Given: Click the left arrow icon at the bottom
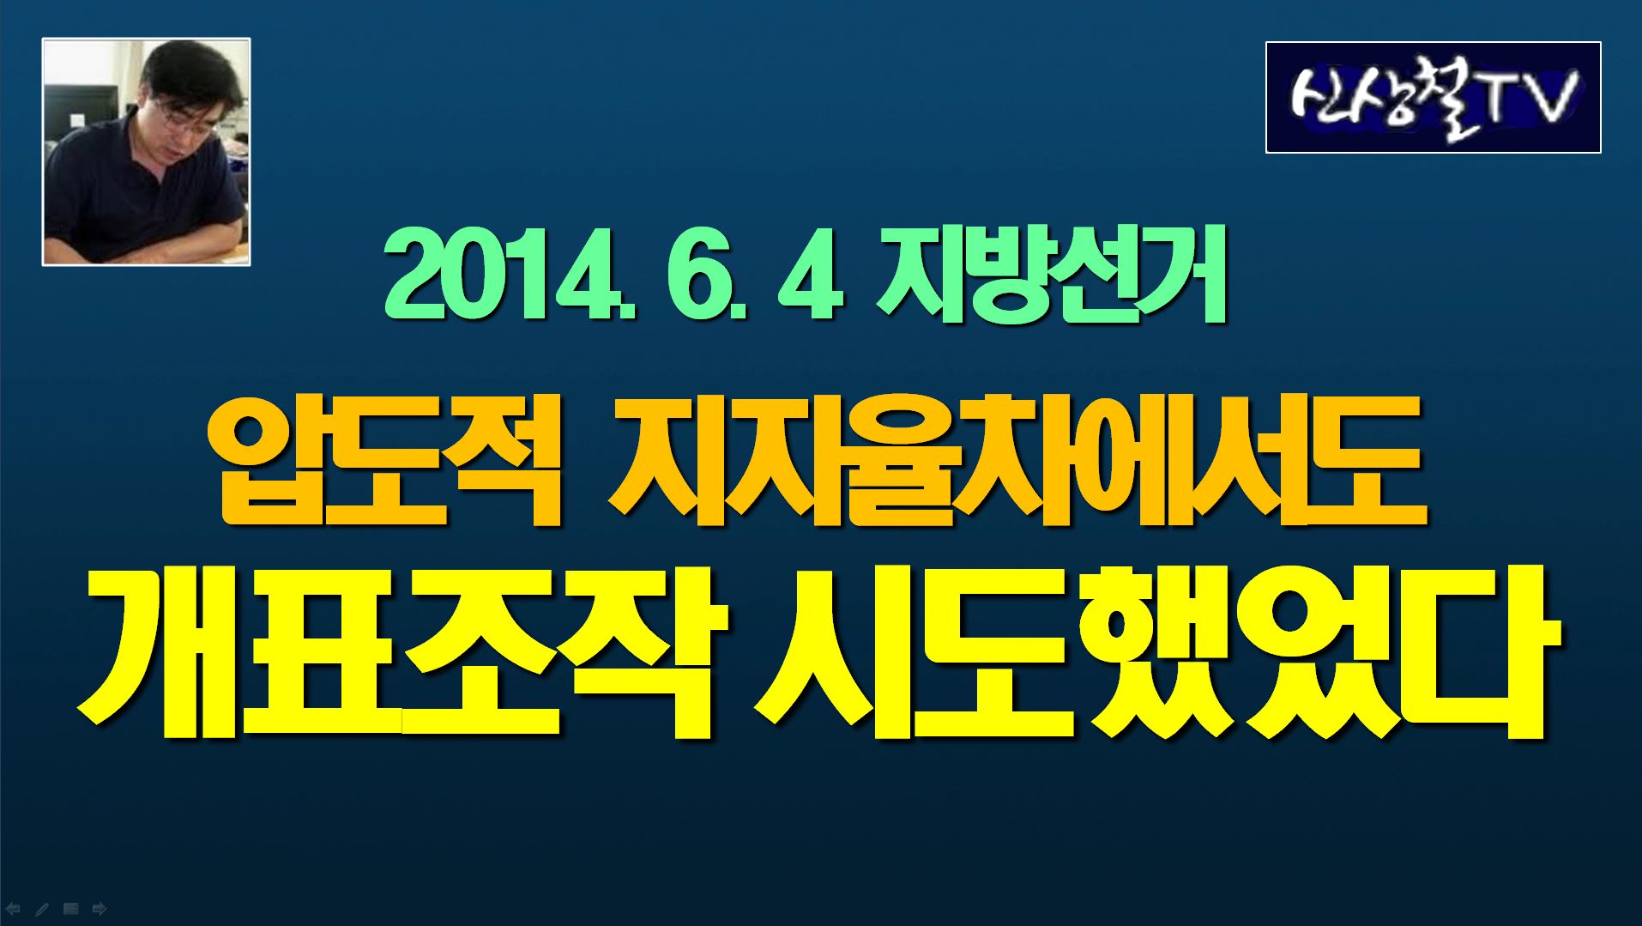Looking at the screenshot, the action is pyautogui.click(x=13, y=908).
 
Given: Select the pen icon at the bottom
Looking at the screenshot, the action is pyautogui.click(x=41, y=908).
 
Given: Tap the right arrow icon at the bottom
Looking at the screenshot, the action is pyautogui.click(x=100, y=908).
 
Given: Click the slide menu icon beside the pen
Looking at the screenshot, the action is pyautogui.click(x=71, y=908).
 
